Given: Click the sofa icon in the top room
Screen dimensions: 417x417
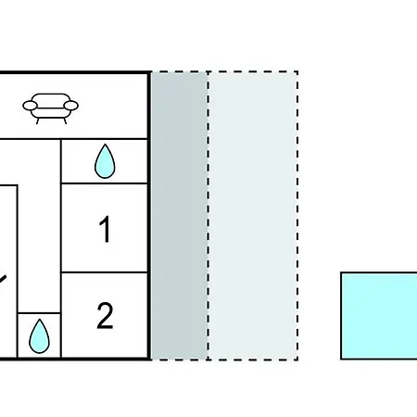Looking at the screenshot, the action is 50,108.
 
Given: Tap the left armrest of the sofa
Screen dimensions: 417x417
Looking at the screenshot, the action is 30,106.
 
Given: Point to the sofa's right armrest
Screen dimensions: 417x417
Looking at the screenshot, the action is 71,106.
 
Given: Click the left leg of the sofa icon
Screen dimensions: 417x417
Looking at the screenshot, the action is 38,120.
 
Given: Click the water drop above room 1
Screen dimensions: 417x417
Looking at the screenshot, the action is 105,161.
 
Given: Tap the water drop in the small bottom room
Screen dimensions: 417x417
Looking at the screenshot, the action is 39,336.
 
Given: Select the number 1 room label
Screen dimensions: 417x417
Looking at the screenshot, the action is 106,229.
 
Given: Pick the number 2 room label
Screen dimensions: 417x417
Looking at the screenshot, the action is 105,316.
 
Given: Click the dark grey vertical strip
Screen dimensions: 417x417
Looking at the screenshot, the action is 180,216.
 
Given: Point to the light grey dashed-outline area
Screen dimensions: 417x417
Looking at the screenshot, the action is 253,216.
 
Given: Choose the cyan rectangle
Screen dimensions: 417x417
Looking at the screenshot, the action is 379,316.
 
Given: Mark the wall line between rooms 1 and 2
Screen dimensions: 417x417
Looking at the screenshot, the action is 105,272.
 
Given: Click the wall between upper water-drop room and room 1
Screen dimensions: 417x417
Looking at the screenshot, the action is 105,183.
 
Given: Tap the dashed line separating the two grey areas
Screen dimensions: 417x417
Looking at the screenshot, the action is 208,216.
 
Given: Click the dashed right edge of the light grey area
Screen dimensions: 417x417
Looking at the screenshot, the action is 297,216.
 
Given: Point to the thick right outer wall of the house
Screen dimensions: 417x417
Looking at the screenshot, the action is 150,216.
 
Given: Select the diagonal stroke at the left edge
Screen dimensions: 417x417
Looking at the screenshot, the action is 3,279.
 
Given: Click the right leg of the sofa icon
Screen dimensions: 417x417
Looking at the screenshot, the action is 65,120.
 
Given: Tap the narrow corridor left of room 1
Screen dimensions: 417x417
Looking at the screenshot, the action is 39,225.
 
